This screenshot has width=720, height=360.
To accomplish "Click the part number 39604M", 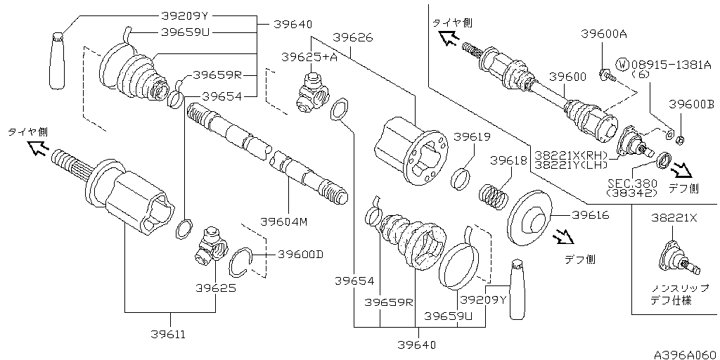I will pyautogui.click(x=284, y=221).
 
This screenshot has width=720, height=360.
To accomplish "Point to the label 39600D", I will pyautogui.click(x=300, y=255).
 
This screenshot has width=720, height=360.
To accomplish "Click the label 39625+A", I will pyautogui.click(x=309, y=56).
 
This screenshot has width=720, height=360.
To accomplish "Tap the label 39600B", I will pyautogui.click(x=691, y=103).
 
